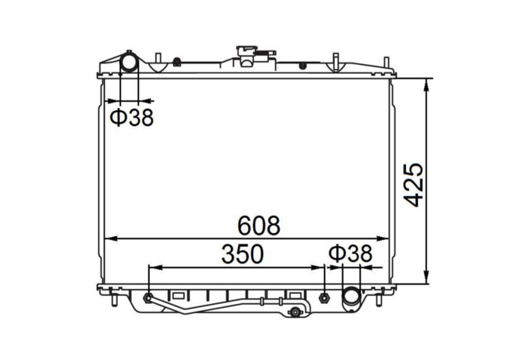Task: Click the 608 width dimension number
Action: [258, 225]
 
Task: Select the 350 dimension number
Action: [242, 254]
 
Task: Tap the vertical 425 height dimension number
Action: [414, 184]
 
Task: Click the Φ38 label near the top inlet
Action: [132, 118]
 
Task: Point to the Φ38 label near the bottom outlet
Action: [351, 254]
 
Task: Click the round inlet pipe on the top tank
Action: [129, 62]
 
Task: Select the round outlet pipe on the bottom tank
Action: [350, 298]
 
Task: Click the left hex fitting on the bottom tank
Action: [148, 298]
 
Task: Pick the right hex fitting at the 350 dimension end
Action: [324, 298]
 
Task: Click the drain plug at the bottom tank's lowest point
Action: [295, 312]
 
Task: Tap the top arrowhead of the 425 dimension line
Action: [426, 83]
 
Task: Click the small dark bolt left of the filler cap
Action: [177, 62]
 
